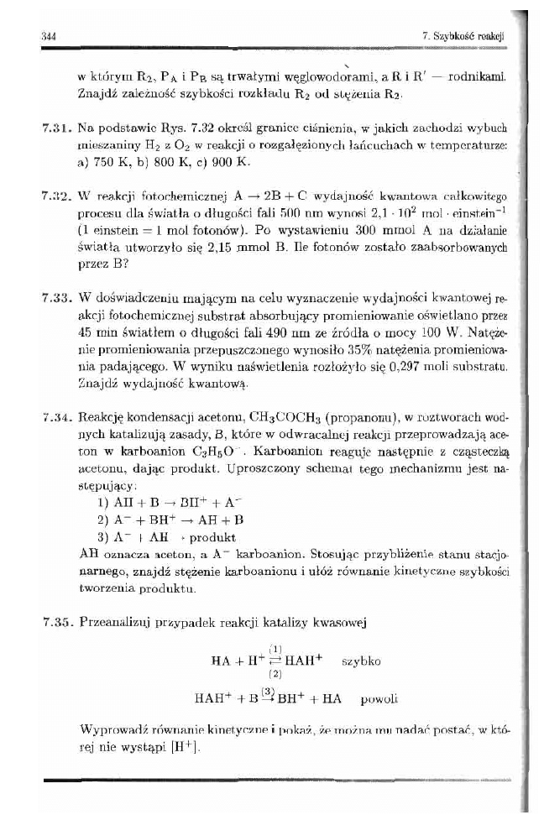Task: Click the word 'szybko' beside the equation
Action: tap(363, 661)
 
